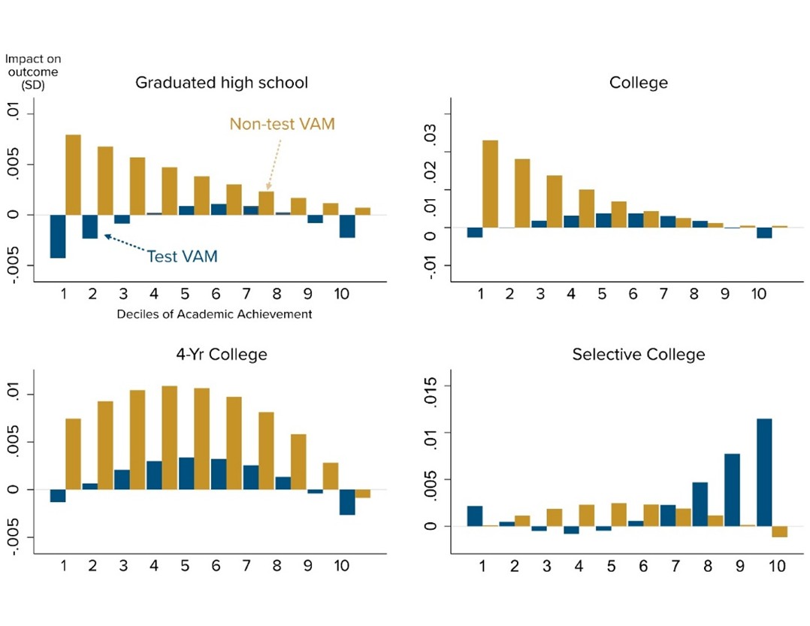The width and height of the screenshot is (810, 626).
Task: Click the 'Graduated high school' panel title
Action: [x=222, y=83]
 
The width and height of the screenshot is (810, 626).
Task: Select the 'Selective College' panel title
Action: [x=638, y=354]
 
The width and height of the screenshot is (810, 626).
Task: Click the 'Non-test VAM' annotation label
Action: [x=282, y=124]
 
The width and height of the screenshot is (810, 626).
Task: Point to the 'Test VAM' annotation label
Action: [x=182, y=256]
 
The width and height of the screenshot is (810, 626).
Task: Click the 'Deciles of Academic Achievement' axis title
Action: [x=214, y=314]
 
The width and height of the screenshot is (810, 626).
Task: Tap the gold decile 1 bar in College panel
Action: [x=490, y=183]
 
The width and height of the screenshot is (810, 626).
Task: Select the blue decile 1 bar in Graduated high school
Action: [x=58, y=236]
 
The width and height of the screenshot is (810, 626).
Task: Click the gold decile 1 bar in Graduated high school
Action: [x=73, y=174]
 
